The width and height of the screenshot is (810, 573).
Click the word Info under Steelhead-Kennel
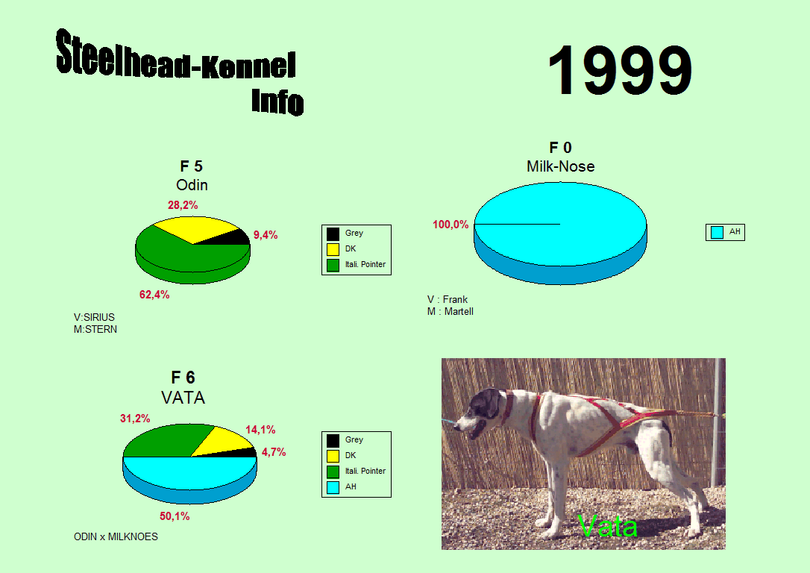[277, 101]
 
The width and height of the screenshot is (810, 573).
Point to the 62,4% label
[154, 295]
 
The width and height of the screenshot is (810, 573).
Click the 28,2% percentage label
[183, 205]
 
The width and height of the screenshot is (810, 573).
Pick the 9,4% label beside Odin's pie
[266, 235]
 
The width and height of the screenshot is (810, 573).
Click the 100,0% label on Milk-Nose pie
[450, 225]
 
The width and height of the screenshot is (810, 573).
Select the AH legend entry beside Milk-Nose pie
[725, 232]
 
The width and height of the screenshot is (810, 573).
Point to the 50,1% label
[175, 516]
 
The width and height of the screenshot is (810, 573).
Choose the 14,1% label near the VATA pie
[260, 430]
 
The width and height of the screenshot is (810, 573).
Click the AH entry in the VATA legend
[341, 486]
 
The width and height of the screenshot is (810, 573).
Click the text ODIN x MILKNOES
[116, 537]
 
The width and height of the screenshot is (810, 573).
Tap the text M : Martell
[450, 312]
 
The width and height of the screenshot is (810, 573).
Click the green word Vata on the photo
[607, 526]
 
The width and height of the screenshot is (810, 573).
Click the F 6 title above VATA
[183, 378]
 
